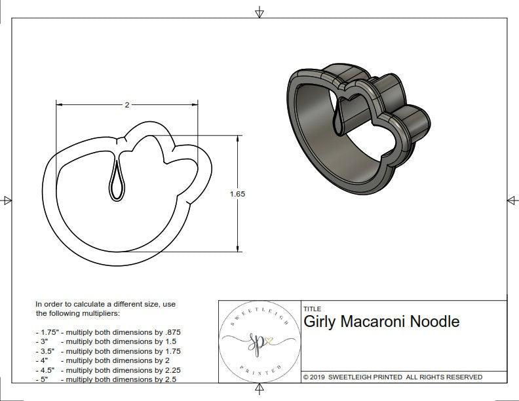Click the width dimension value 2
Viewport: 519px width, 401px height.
(126, 105)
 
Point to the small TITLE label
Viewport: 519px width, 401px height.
(313, 309)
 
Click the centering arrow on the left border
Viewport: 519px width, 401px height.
(7, 200)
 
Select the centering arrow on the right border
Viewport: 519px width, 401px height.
(512, 200)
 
